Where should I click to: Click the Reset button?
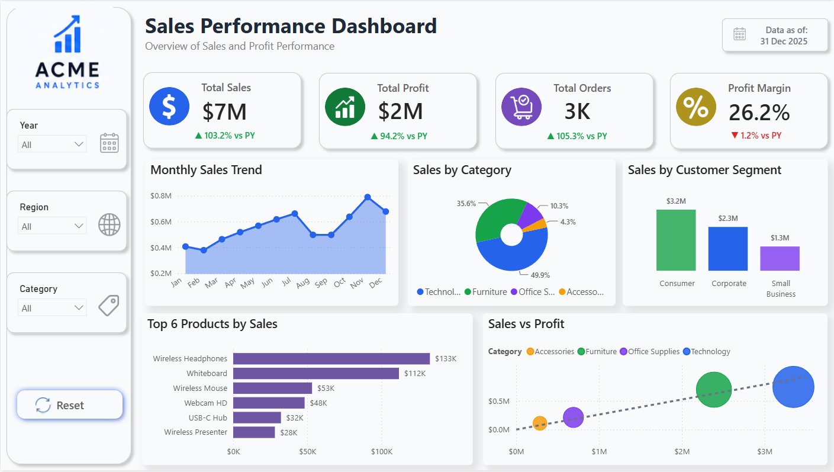pyautogui.click(x=70, y=404)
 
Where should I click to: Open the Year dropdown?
pyautogui.click(x=52, y=144)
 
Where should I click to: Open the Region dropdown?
pyautogui.click(x=52, y=226)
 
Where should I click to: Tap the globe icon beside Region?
pyautogui.click(x=109, y=224)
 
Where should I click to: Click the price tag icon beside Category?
pyautogui.click(x=109, y=306)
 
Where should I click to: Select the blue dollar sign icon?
pyautogui.click(x=169, y=106)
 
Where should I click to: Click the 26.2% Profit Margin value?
pyautogui.click(x=759, y=112)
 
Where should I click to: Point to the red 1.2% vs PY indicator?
pyautogui.click(x=756, y=135)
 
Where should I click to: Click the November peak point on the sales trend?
pyautogui.click(x=368, y=197)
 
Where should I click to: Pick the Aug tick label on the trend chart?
pyautogui.click(x=302, y=284)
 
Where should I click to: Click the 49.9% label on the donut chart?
pyautogui.click(x=540, y=275)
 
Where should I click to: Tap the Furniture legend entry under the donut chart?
pyautogui.click(x=486, y=292)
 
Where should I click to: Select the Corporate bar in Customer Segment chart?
pyautogui.click(x=728, y=249)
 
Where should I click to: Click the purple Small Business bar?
pyautogui.click(x=780, y=259)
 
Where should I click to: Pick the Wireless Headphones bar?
pyautogui.click(x=331, y=358)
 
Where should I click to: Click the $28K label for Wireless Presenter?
pyautogui.click(x=288, y=432)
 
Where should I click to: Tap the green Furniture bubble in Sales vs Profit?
pyautogui.click(x=714, y=390)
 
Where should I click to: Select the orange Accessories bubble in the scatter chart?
pyautogui.click(x=540, y=423)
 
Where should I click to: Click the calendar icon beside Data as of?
pyautogui.click(x=739, y=34)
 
